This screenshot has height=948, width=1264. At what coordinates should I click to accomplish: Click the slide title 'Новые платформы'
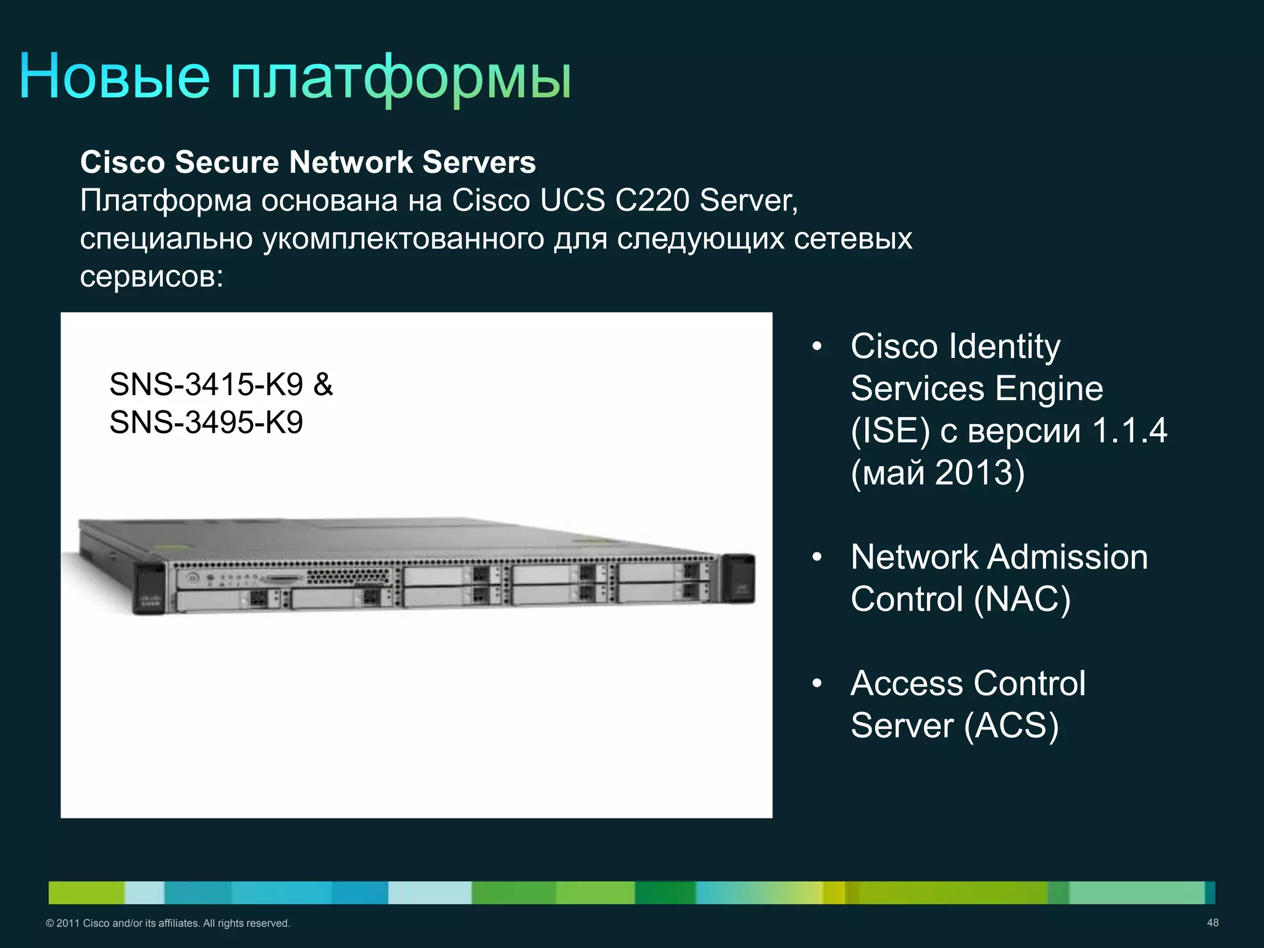point(295,77)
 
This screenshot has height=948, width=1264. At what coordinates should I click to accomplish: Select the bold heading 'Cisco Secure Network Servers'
point(308,162)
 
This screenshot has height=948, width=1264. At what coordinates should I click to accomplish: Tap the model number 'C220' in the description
point(652,200)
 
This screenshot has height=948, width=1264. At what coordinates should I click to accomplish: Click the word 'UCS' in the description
point(572,200)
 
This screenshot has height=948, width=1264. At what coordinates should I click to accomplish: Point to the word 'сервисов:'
point(151,276)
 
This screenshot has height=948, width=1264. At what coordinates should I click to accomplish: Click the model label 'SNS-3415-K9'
point(206,385)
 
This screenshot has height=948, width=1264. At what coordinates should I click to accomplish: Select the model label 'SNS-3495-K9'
point(206,423)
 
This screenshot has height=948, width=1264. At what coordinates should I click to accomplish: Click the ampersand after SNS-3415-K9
point(323,385)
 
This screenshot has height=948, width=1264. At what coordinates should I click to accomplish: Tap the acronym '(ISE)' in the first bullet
point(890,430)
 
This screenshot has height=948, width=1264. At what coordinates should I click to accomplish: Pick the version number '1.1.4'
point(1129,430)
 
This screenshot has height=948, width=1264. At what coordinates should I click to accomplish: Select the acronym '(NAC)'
point(1022,599)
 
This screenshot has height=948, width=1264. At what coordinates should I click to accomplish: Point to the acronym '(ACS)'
point(1011,725)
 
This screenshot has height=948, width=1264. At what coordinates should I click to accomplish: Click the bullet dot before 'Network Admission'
point(817,557)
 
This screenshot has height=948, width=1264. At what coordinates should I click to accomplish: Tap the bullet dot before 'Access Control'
point(817,683)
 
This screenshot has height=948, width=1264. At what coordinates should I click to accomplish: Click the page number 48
point(1212,923)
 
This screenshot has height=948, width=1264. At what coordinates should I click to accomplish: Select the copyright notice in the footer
point(168,923)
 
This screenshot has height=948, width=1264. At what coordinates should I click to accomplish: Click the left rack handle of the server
point(150,588)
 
